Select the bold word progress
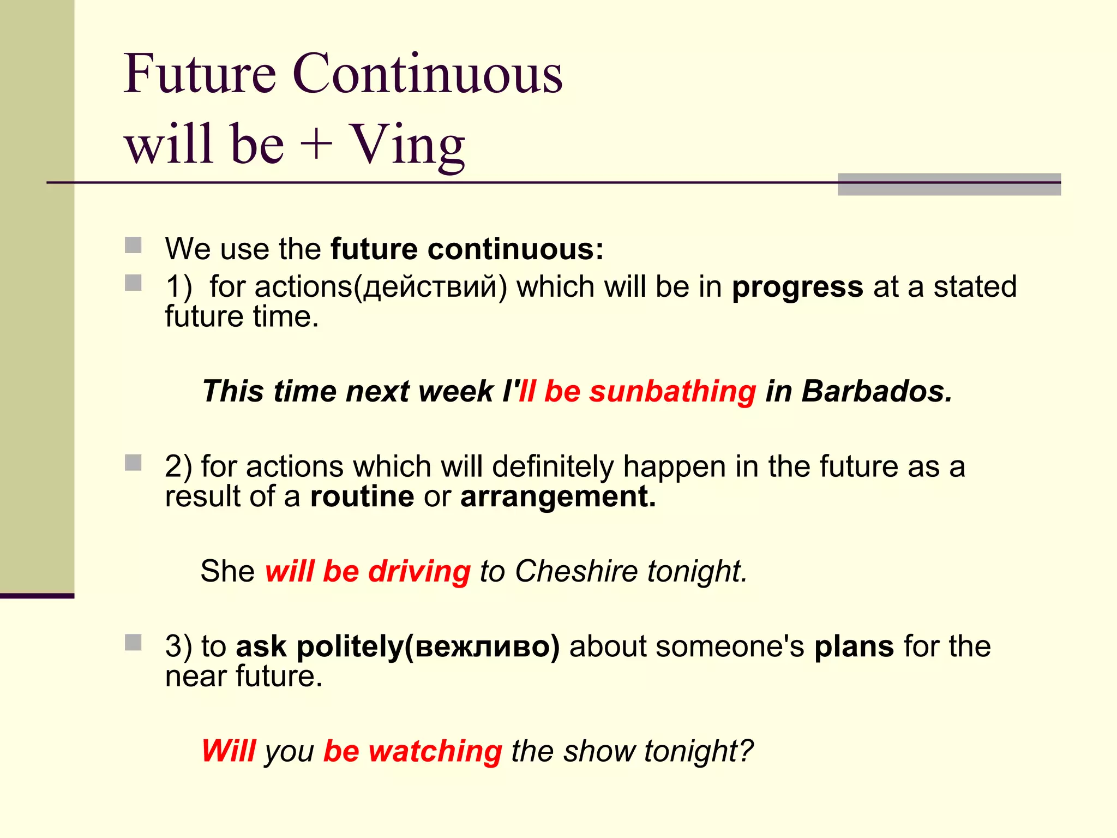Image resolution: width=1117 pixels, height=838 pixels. pos(797,288)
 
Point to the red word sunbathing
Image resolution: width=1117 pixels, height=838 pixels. pos(672,392)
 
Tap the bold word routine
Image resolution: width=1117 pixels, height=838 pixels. pos(362,496)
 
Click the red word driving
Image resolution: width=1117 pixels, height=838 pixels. pos(419,571)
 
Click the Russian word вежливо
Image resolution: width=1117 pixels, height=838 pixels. pos(483,647)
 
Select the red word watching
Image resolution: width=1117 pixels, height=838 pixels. pos(435,751)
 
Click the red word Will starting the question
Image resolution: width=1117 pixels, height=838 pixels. pos(229,751)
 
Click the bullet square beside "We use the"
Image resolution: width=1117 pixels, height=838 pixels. pos(133,245)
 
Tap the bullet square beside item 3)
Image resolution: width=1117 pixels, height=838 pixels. pos(133,642)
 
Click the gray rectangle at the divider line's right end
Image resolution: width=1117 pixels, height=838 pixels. pos(948,184)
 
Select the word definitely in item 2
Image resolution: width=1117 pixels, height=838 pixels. pos(553,467)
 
